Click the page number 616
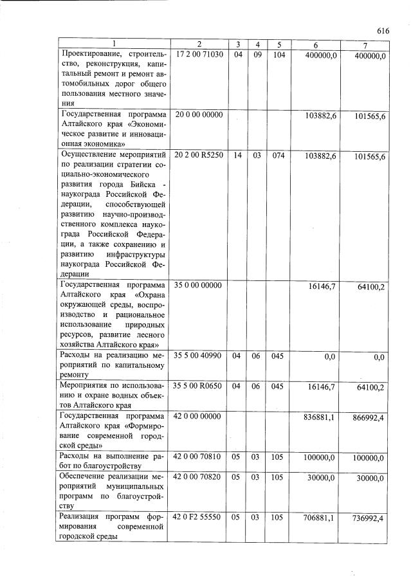point(384,30)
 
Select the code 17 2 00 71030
point(199,55)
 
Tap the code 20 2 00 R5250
point(199,156)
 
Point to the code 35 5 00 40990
point(199,356)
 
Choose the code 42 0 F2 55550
point(199,518)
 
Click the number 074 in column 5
point(279,156)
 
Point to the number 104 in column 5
point(279,55)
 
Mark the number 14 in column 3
point(237,156)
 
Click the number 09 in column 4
point(257,55)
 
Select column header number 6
point(315,44)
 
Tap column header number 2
point(199,44)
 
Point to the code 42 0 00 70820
point(199,478)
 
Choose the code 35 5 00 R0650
point(199,386)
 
